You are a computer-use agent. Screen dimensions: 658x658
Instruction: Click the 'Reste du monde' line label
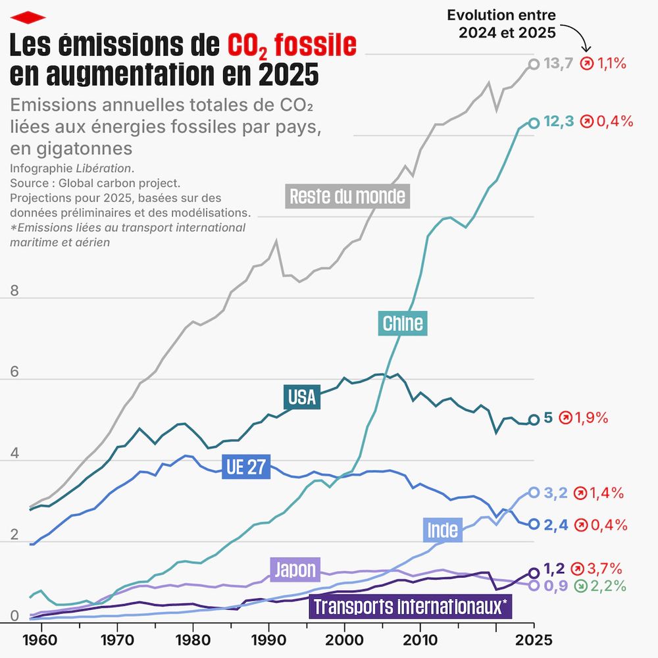pyautogui.click(x=347, y=196)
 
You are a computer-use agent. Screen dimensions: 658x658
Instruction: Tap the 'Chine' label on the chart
pyautogui.click(x=403, y=323)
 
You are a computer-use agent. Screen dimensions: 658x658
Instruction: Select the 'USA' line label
pyautogui.click(x=302, y=397)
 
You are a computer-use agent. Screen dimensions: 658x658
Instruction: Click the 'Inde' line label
pyautogui.click(x=443, y=529)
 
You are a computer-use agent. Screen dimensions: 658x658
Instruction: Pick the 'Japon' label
pyautogui.click(x=295, y=569)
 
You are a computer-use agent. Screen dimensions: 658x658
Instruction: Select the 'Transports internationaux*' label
pyautogui.click(x=410, y=607)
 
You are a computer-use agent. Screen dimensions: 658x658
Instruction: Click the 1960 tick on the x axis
pyautogui.click(x=41, y=639)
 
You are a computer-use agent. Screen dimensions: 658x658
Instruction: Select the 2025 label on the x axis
pyautogui.click(x=533, y=639)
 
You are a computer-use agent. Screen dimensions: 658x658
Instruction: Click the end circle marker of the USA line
pyautogui.click(x=534, y=419)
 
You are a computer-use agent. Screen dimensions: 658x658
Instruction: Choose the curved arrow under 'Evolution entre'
pyautogui.click(x=578, y=37)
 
